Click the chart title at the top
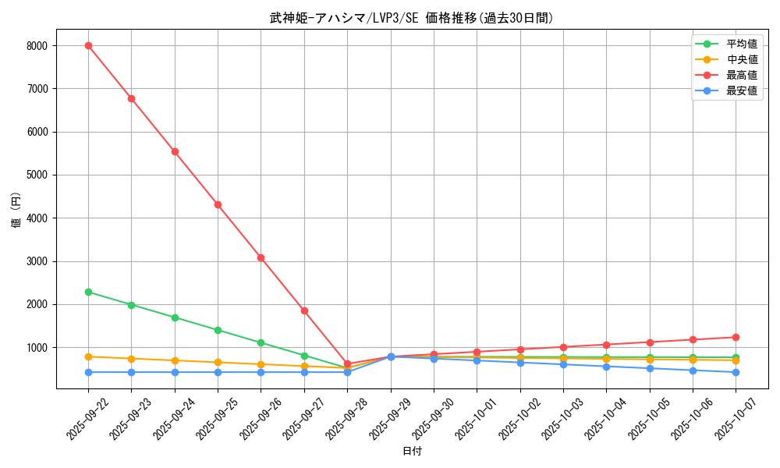(x=412, y=18)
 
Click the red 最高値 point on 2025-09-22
(x=88, y=45)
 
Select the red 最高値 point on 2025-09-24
(x=175, y=151)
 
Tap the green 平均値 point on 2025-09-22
(x=88, y=292)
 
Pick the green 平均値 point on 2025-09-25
(x=218, y=330)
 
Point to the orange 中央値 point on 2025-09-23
(x=131, y=359)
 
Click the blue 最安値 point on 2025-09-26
(x=261, y=372)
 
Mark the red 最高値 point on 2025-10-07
(x=736, y=337)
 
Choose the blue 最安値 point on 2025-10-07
(x=736, y=372)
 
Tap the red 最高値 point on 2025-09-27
(x=304, y=310)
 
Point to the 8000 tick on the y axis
(x=37, y=46)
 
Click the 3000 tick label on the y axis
(x=37, y=261)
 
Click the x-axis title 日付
(x=412, y=451)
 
